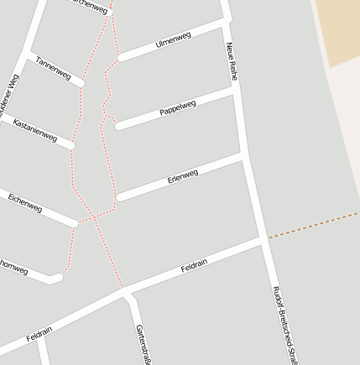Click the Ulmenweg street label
pos(173,39)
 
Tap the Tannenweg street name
pos(53,69)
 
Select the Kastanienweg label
pos(35,130)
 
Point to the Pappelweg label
pos(177,108)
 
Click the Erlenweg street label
pos(182,176)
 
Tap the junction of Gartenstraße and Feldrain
pos(126,293)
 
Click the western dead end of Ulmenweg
pos(120,58)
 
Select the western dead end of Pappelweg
pos(118,127)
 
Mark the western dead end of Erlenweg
pos(120,198)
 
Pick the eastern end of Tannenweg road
pos(81,83)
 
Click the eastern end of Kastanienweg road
pos(71,146)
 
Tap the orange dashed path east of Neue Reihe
pos(310,224)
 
